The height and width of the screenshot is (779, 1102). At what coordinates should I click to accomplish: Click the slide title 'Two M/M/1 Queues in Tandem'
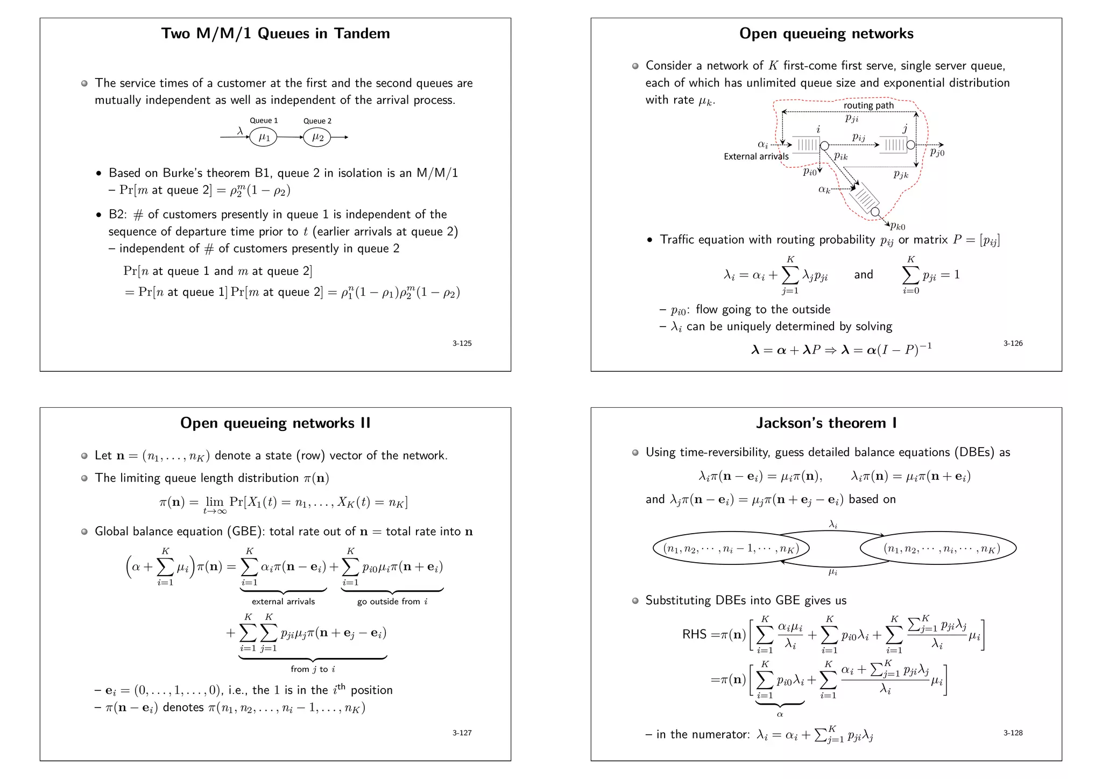coord(275,33)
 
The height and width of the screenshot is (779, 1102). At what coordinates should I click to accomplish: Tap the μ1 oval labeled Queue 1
coord(263,137)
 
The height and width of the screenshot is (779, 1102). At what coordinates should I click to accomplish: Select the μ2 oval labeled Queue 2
coord(317,137)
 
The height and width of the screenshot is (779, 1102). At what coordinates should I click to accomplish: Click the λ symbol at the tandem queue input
coord(240,131)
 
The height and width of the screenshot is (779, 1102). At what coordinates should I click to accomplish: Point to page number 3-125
coord(462,343)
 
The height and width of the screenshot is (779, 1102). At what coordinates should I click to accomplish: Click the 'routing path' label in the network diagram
coord(868,105)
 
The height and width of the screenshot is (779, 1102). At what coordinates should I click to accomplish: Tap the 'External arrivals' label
coord(756,157)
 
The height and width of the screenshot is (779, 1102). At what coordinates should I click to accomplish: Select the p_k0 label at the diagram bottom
coord(898,226)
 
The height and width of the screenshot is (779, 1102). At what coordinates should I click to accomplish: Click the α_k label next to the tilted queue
coord(824,189)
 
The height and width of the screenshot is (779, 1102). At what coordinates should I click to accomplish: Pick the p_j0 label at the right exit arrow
coord(937,153)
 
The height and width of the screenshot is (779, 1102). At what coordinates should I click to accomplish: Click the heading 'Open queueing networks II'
coord(275,423)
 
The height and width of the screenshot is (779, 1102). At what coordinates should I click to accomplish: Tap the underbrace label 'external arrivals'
coord(283,601)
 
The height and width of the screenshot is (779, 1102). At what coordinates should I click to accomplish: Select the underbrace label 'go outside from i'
coord(392,601)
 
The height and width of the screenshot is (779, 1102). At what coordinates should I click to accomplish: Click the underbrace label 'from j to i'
coord(313,669)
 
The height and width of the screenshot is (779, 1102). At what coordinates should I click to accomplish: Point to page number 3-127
coord(462,733)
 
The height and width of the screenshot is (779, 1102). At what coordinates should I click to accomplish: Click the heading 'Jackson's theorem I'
coord(826,423)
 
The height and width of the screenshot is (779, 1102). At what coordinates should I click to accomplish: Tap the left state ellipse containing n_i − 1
coord(731,549)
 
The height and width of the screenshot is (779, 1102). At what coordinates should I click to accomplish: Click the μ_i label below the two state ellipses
coord(832,572)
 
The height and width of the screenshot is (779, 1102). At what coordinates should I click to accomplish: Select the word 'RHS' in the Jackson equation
coord(694,634)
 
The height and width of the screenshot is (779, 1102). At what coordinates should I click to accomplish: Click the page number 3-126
coord(1013,343)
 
